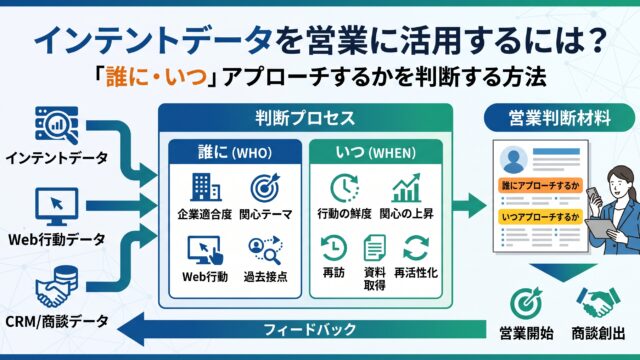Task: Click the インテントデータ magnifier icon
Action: (x=56, y=125)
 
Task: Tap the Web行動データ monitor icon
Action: (x=56, y=207)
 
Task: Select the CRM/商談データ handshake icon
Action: (x=56, y=287)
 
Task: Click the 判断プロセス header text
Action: (x=305, y=118)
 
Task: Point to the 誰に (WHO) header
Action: (x=235, y=152)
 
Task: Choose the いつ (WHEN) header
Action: (x=376, y=152)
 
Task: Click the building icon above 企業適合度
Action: (x=205, y=187)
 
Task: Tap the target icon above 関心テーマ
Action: (x=265, y=187)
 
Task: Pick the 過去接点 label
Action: (x=265, y=277)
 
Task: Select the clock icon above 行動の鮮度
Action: (x=344, y=188)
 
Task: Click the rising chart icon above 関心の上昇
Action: (x=406, y=188)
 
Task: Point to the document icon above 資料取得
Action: (x=374, y=248)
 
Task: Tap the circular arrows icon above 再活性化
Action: (x=416, y=248)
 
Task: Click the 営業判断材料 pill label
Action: (x=559, y=118)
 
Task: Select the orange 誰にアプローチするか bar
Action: (x=541, y=186)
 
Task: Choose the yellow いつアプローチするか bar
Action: (x=541, y=216)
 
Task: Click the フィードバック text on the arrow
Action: (x=310, y=329)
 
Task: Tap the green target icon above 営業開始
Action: (x=527, y=303)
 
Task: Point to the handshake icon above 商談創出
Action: (x=598, y=302)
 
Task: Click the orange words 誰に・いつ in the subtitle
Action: (x=157, y=76)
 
